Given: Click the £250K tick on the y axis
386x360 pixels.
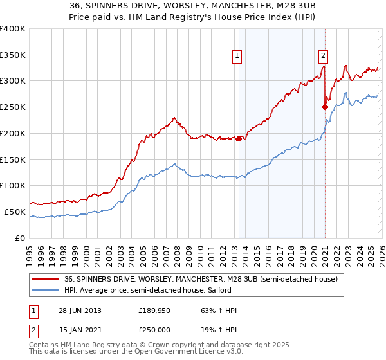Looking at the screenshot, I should coord(13,107).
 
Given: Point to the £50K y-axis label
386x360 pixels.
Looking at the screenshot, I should coord(15,212).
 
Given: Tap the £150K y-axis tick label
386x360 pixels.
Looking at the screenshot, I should coord(13,159).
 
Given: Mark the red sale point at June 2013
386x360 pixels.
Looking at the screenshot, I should coord(239,138).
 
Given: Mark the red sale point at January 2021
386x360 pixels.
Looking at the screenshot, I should coord(325,107).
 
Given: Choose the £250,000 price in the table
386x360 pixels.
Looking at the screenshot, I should coord(155,330).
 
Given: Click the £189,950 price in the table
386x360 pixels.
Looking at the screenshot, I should coord(155,310).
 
